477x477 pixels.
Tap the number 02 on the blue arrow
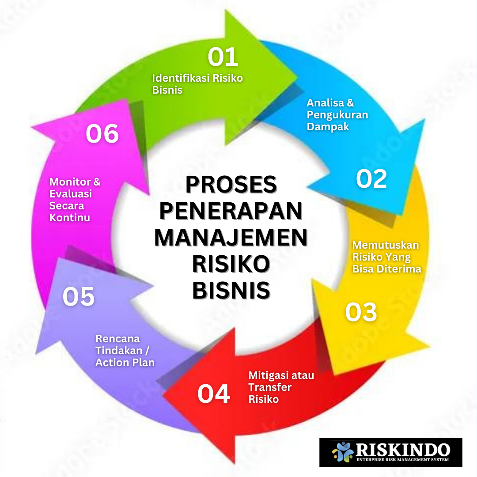click(371, 178)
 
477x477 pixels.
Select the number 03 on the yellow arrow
click(361, 312)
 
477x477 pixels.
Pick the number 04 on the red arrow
click(214, 394)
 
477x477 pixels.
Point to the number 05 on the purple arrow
click(79, 296)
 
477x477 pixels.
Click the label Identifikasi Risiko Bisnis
click(197, 84)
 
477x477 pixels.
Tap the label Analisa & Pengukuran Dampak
click(337, 115)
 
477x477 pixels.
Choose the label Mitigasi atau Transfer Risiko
click(281, 387)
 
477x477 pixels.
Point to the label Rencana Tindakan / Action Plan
click(125, 351)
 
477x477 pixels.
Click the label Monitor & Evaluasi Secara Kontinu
click(75, 200)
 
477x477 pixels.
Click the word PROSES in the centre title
click(231, 185)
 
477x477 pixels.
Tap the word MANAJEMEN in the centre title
click(231, 238)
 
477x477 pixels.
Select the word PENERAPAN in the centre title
click(231, 212)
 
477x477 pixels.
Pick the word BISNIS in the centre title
click(231, 291)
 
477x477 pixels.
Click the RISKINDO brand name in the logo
click(402, 449)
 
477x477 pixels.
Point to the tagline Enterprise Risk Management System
click(402, 460)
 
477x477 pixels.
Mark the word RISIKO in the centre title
click(231, 265)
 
